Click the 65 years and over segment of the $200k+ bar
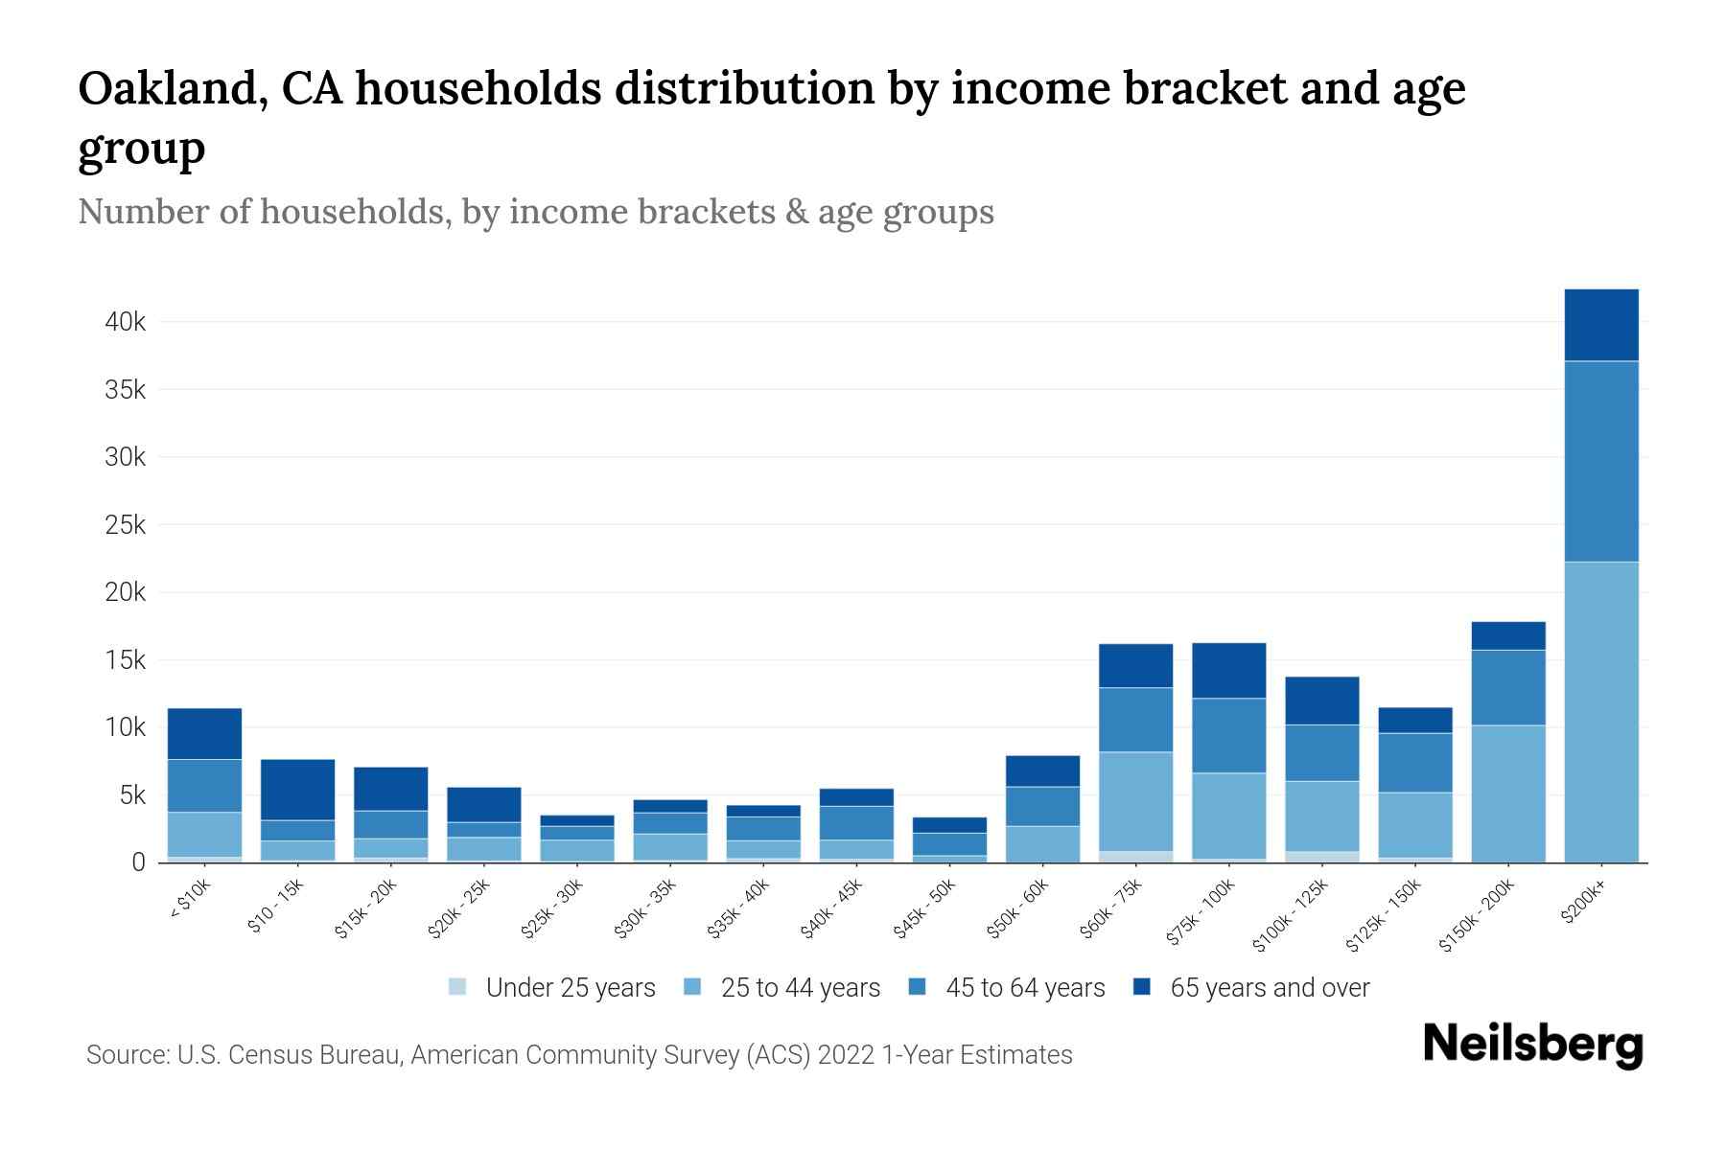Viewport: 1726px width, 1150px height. pyautogui.click(x=1600, y=325)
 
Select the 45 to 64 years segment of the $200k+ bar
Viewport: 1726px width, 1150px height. pyautogui.click(x=1600, y=461)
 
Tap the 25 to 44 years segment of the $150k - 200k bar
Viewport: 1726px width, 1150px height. pyautogui.click(x=1508, y=793)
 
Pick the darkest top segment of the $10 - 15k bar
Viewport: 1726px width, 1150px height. pyautogui.click(x=297, y=790)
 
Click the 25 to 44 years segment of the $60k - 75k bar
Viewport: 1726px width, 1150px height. pyautogui.click(x=1135, y=801)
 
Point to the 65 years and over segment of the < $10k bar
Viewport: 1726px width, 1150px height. pyautogui.click(x=204, y=733)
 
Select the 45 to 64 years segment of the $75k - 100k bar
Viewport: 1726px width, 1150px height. pyautogui.click(x=1228, y=735)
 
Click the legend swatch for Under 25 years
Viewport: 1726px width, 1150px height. pyautogui.click(x=458, y=987)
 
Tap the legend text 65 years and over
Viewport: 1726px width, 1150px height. pyautogui.click(x=1270, y=988)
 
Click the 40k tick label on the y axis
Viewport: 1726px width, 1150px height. pyautogui.click(x=125, y=322)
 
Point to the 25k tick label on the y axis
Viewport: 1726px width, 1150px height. pyautogui.click(x=125, y=525)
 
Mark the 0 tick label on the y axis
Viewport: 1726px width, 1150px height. pyautogui.click(x=138, y=862)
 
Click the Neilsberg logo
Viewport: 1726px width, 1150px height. pyautogui.click(x=1532, y=1045)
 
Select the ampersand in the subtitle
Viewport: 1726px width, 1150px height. pyautogui.click(x=795, y=212)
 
